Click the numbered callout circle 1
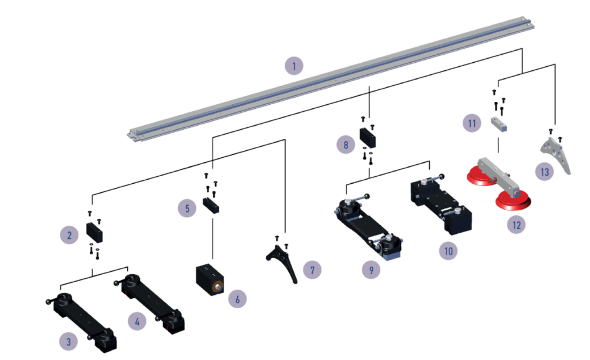coord(294,66)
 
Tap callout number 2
coord(69,234)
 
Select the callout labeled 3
coord(69,342)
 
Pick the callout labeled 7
coord(312,269)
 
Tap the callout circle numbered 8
coord(346,145)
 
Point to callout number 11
coord(472,123)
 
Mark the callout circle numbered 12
coord(516,224)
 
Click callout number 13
coord(543,172)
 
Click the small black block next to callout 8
coord(368,138)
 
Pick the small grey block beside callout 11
coord(498,125)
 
